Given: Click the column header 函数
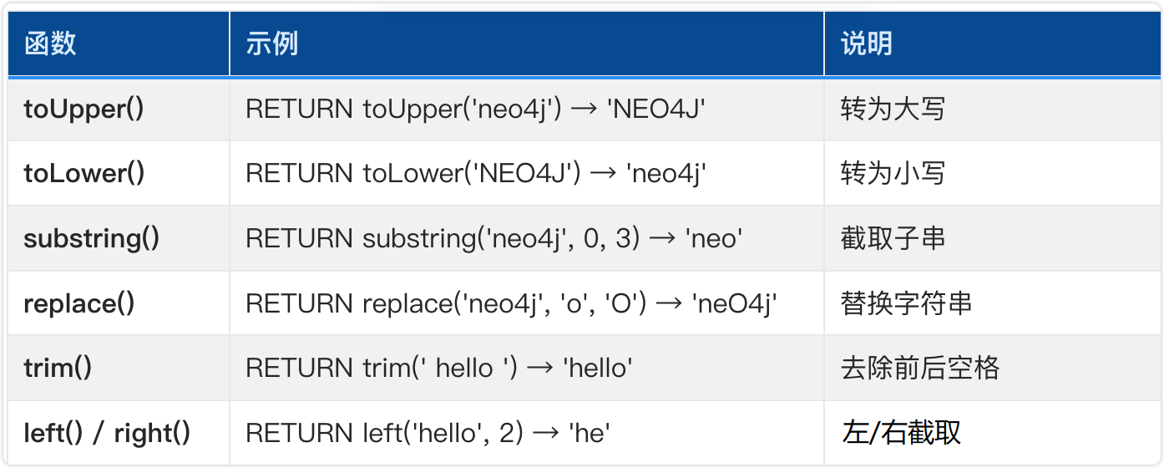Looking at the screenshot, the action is pyautogui.click(x=50, y=43).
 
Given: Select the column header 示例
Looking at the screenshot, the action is pyautogui.click(x=271, y=43).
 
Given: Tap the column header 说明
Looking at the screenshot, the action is pyautogui.click(x=866, y=43).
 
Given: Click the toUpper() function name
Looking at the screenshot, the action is pyautogui.click(x=84, y=109).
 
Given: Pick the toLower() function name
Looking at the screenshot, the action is pyautogui.click(x=84, y=173).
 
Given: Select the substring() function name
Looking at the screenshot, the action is pyautogui.click(x=92, y=239).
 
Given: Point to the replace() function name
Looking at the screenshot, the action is pyautogui.click(x=79, y=303).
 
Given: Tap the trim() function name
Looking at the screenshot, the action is pyautogui.click(x=58, y=368).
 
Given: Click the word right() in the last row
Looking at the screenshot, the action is pyautogui.click(x=152, y=433).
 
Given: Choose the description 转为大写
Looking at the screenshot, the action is pyautogui.click(x=893, y=109).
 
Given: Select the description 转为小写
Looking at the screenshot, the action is pyautogui.click(x=893, y=173).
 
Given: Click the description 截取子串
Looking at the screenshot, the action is pyautogui.click(x=893, y=238).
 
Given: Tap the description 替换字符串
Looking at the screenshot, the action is pyautogui.click(x=906, y=303).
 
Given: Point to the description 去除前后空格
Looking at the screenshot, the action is pyautogui.click(x=920, y=368).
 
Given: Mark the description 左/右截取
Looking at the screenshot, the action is pyautogui.click(x=901, y=433).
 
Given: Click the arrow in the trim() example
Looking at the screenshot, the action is pyautogui.click(x=540, y=369).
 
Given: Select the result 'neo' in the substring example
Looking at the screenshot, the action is pyautogui.click(x=714, y=239).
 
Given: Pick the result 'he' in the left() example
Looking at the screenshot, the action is pyautogui.click(x=590, y=433).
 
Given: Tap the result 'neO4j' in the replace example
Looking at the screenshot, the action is pyautogui.click(x=734, y=303).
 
